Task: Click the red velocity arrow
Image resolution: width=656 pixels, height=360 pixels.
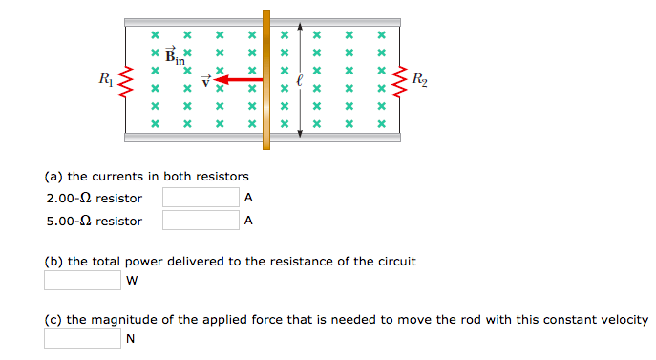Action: coord(239,80)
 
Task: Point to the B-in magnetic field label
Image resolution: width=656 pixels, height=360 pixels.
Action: coord(175,56)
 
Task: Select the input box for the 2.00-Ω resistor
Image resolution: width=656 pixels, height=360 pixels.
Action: coord(200,198)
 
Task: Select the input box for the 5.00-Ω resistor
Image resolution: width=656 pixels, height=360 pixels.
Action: coord(200,221)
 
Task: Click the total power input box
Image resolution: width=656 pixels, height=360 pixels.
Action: coord(82,281)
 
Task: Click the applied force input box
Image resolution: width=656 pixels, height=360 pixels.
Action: coord(82,339)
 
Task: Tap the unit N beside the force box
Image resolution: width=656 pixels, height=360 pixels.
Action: coord(131,339)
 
